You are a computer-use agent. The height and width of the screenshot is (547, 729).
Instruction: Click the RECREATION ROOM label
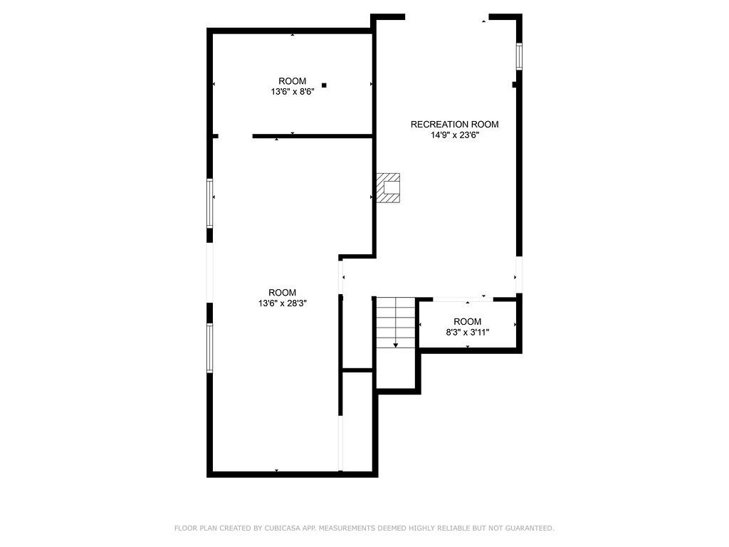coord(454,125)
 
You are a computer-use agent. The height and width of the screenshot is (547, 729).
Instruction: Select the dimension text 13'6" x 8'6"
coord(292,92)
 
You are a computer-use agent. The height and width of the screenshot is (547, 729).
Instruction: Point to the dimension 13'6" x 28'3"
coord(282,303)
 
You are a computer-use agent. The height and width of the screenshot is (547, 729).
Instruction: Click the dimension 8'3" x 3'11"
coord(467,333)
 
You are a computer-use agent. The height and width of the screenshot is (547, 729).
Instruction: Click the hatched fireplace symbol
coord(389,188)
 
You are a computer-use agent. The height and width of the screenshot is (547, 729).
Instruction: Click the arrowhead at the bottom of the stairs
coord(396,345)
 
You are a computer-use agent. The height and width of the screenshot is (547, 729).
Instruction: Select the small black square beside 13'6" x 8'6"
coord(324,85)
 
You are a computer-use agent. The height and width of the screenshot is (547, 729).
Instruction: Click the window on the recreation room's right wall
coord(519,56)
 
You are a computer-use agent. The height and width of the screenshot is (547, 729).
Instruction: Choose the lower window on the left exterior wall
coord(210,348)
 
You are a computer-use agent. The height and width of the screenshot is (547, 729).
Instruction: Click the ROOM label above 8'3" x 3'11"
coord(467,322)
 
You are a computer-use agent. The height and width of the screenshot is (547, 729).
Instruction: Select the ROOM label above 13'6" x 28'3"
coord(282,293)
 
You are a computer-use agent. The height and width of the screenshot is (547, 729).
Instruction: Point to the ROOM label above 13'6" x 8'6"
coord(292,81)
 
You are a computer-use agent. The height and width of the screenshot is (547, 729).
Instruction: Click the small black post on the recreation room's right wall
coord(515,85)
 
